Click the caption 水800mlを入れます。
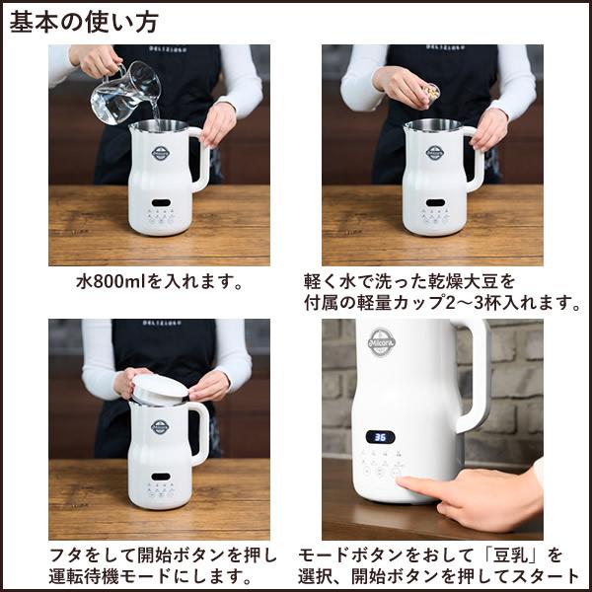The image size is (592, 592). click(x=160, y=281)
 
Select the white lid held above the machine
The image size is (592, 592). click(x=158, y=386)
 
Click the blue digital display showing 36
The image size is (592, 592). click(x=382, y=436)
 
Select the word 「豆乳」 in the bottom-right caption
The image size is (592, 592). click(x=523, y=555)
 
